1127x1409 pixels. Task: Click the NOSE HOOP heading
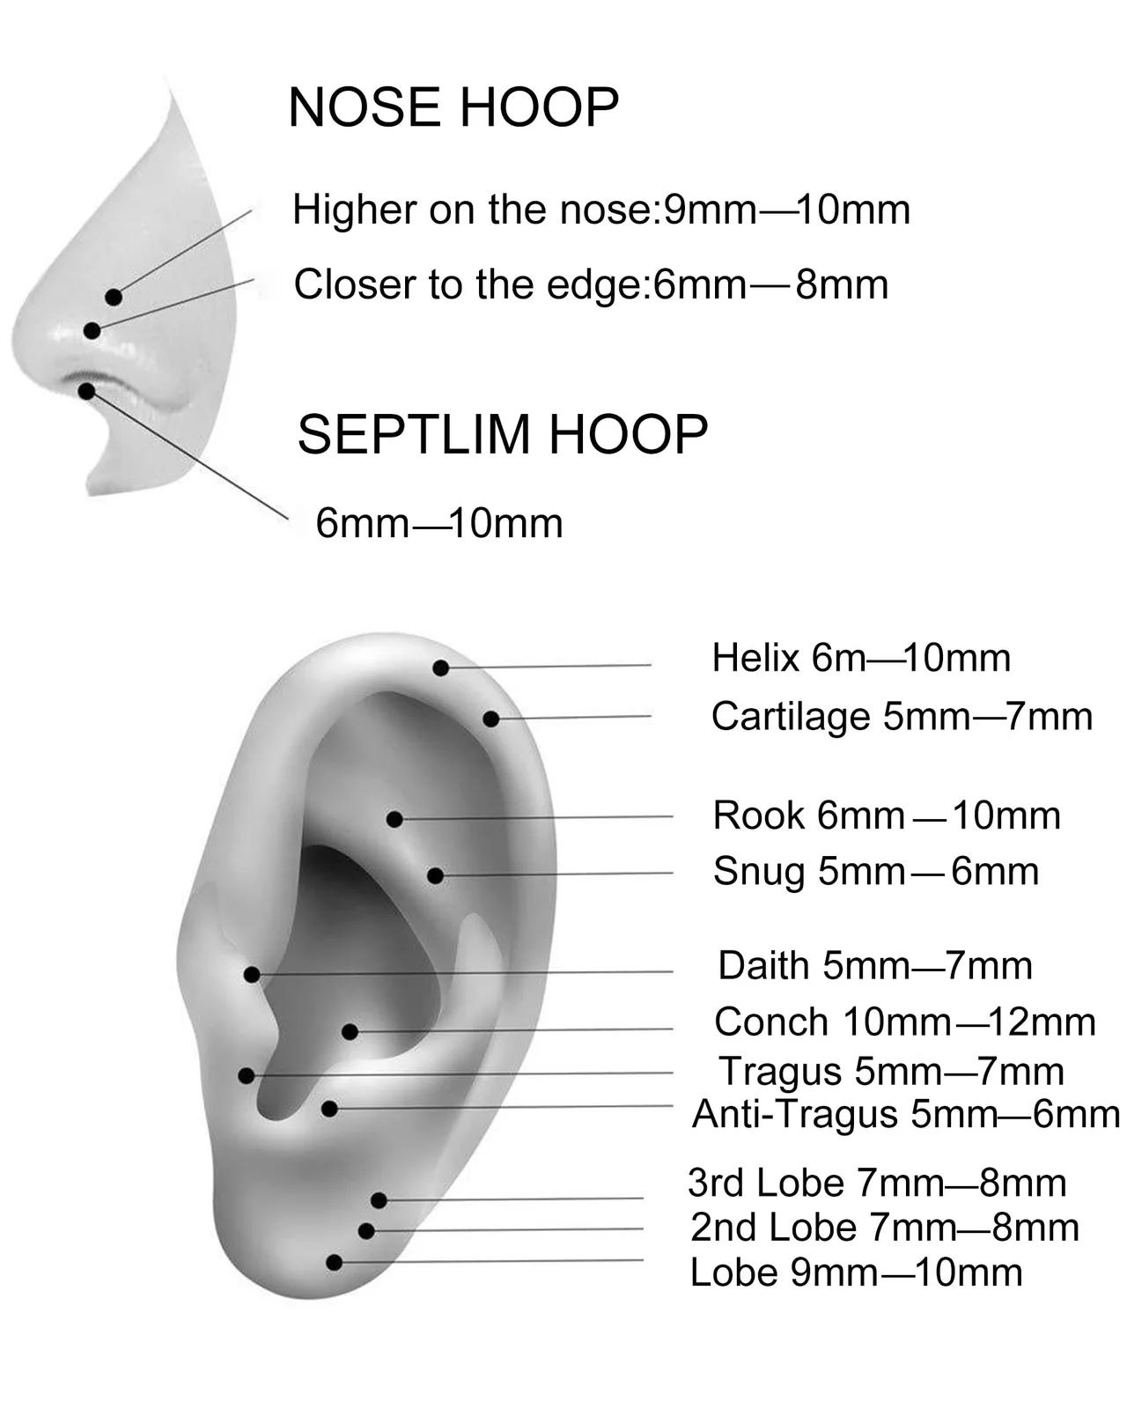click(453, 107)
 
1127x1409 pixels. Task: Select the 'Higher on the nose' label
click(601, 210)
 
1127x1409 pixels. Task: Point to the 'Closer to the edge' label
click(591, 284)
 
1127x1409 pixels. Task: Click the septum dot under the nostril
click(86, 391)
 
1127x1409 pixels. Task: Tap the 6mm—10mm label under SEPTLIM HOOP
click(438, 524)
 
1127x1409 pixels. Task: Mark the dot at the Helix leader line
click(441, 668)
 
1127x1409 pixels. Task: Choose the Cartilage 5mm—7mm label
click(902, 717)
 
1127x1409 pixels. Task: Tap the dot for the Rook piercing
click(394, 819)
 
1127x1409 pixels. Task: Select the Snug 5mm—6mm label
click(875, 872)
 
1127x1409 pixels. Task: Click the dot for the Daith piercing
click(252, 975)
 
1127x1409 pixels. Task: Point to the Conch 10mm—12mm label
click(905, 1022)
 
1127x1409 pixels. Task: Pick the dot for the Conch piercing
click(350, 1032)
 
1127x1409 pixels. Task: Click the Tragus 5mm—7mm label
click(891, 1072)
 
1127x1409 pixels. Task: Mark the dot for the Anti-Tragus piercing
click(329, 1109)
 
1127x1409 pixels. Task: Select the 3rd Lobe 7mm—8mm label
click(877, 1183)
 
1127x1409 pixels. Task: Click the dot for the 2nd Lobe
click(366, 1231)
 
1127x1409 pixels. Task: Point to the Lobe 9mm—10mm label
click(856, 1273)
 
